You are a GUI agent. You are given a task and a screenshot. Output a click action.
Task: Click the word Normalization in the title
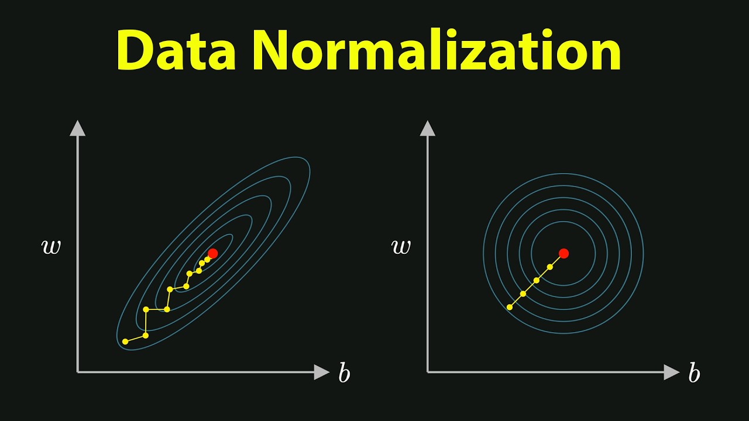[x=437, y=52]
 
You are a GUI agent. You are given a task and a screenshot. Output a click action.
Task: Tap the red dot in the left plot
[x=212, y=253]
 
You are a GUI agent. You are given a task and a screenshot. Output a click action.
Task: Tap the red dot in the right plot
[x=564, y=253]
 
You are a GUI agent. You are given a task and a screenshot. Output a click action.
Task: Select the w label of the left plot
[x=51, y=247]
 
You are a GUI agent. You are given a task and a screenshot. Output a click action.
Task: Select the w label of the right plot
[x=401, y=247]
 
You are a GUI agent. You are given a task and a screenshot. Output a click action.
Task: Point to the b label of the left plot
[x=344, y=373]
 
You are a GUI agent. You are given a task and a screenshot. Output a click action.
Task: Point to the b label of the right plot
[x=694, y=373]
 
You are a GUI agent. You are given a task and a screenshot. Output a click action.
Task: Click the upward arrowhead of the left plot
[x=78, y=128]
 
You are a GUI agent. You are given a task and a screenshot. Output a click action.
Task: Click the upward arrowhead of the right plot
[x=428, y=128]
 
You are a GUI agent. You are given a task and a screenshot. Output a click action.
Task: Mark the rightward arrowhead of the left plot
[x=322, y=372]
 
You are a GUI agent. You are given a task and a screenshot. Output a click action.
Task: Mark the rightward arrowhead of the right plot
[x=672, y=372]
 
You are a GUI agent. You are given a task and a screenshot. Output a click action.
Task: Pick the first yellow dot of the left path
[x=125, y=341]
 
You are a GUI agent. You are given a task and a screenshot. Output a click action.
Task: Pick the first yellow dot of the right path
[x=509, y=307]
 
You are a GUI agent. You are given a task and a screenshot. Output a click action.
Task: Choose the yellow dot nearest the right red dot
[x=550, y=267]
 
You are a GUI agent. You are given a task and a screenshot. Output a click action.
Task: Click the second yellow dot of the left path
[x=146, y=336]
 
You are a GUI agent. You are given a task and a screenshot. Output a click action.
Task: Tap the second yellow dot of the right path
[x=523, y=294]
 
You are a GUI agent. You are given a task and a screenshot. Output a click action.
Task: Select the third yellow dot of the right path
[x=537, y=280]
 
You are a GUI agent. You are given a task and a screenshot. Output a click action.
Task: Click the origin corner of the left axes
[x=78, y=372]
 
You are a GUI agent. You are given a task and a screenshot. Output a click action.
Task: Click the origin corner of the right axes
[x=428, y=372]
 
